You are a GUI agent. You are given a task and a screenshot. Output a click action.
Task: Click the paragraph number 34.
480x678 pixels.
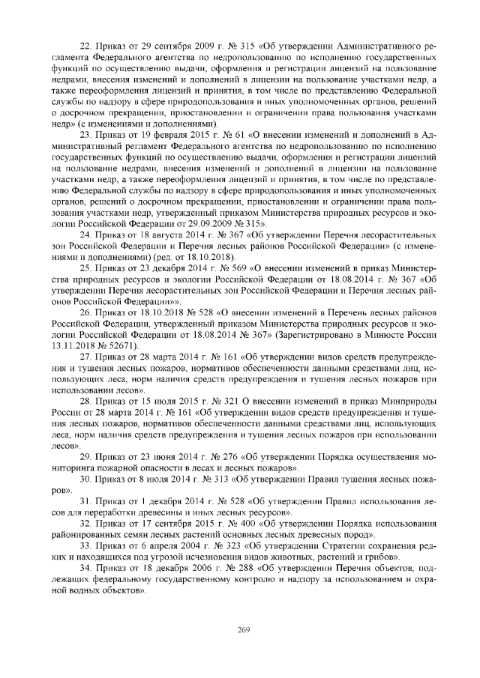pyautogui.click(x=85, y=569)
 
